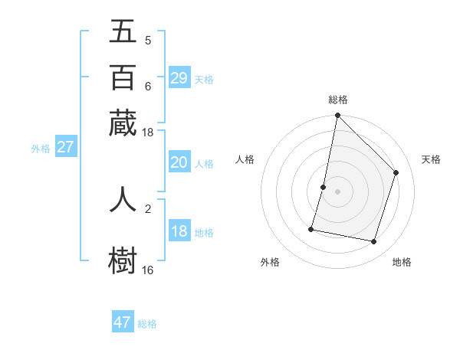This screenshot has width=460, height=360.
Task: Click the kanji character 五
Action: click(123, 31)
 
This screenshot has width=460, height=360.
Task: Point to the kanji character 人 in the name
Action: click(123, 198)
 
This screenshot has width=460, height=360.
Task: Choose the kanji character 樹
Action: click(123, 260)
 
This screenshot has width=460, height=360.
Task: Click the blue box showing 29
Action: click(179, 78)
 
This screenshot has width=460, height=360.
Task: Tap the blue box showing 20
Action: click(179, 162)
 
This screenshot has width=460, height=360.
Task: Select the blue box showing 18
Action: click(179, 232)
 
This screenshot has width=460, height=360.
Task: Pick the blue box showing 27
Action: click(65, 148)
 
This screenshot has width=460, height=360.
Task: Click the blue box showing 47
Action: click(123, 322)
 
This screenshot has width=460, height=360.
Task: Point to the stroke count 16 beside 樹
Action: click(147, 270)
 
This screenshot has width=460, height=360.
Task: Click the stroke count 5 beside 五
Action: click(147, 41)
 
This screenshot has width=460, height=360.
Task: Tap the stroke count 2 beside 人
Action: click(147, 208)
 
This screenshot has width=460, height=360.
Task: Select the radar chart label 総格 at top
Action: click(337, 100)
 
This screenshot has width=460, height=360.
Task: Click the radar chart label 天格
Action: click(431, 159)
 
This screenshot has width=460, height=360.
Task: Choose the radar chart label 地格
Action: click(402, 263)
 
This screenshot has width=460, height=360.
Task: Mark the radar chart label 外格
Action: click(270, 263)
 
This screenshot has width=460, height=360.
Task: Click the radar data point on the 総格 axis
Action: click(337, 116)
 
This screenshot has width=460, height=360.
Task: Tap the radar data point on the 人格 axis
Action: click(324, 187)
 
